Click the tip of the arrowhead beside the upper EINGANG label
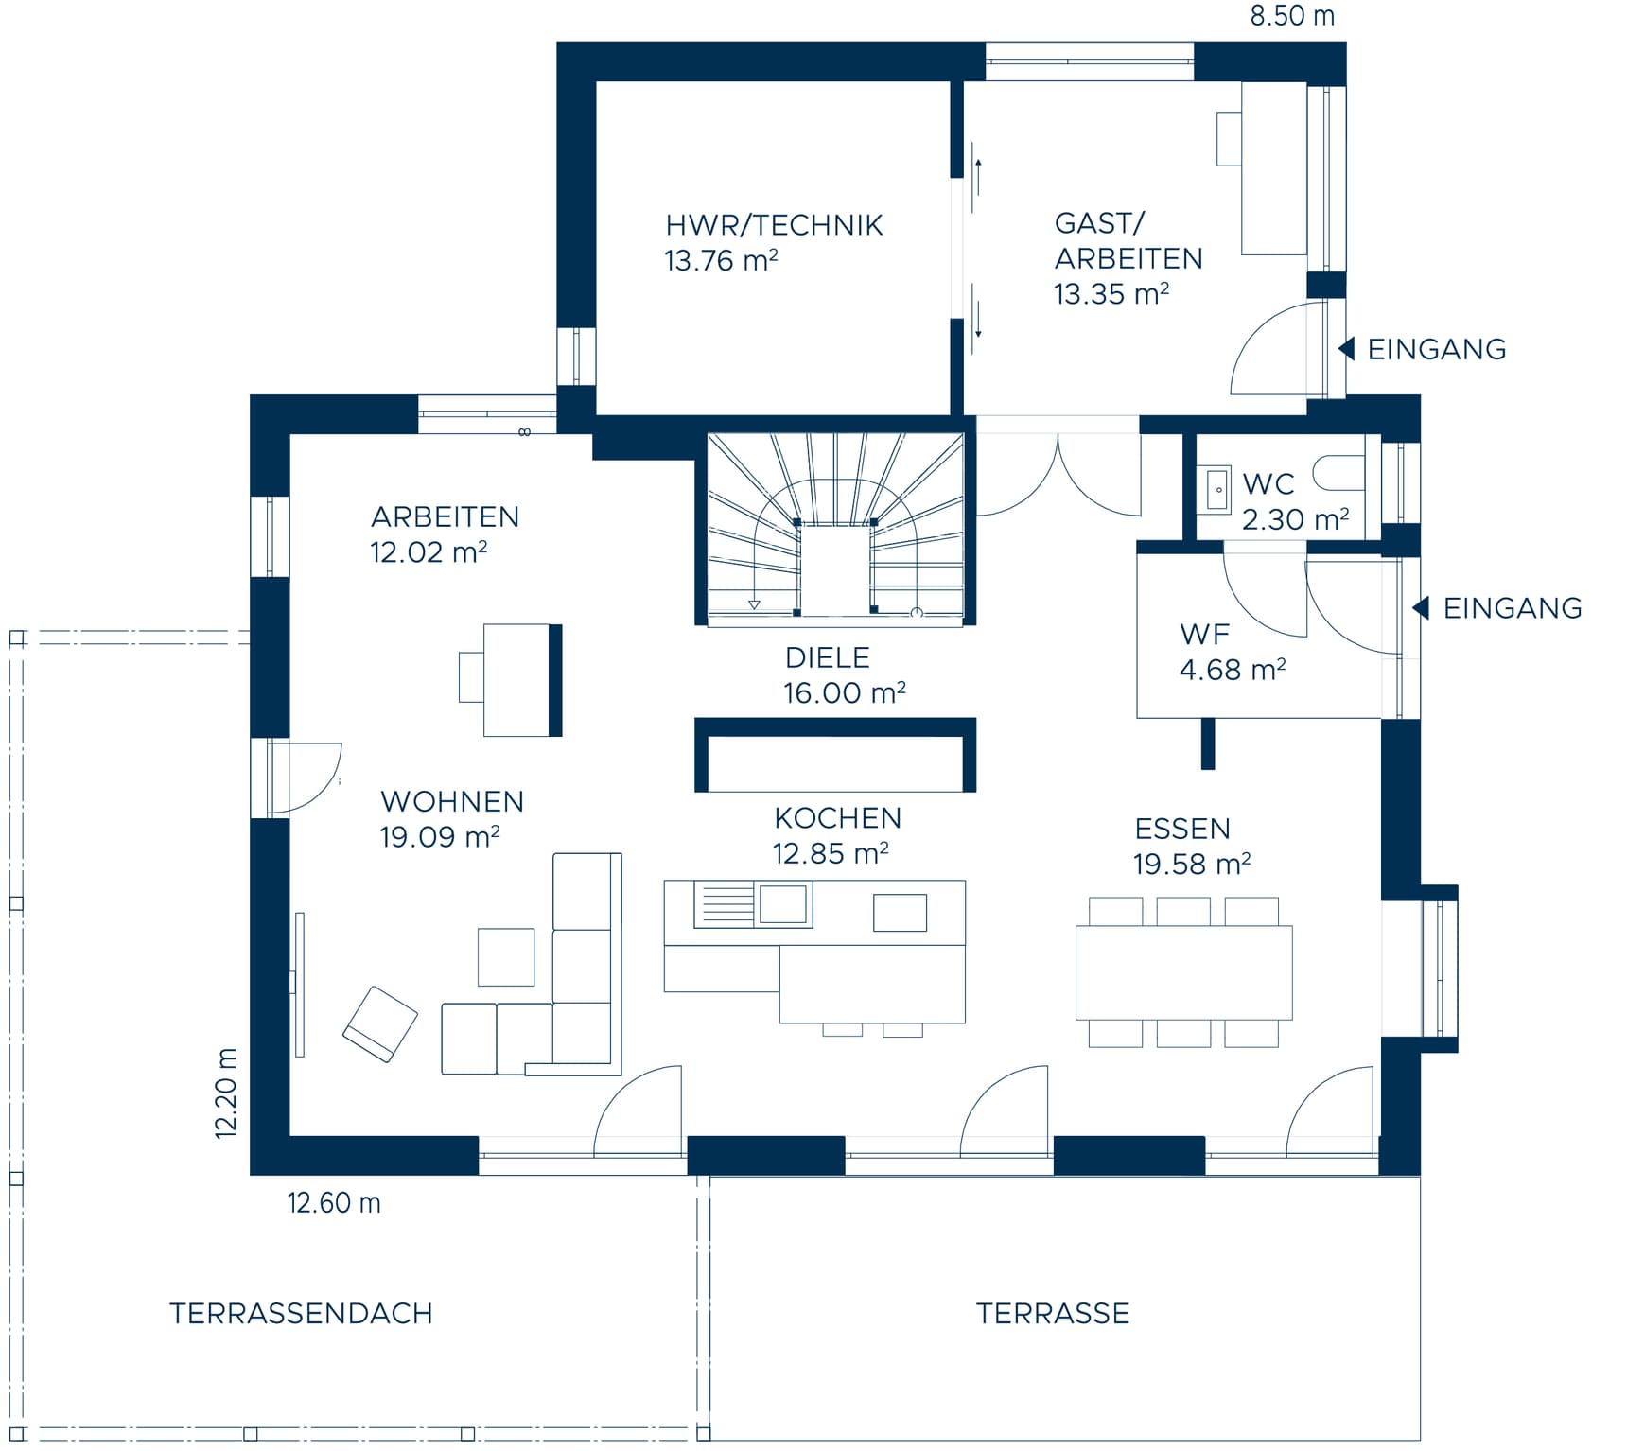[x=1338, y=348]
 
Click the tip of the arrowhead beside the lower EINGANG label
[x=1412, y=607]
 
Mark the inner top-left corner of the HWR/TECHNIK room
[x=597, y=82]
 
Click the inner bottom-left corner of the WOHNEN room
[x=290, y=1134]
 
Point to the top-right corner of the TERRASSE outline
[x=1420, y=1177]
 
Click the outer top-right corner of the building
[x=1346, y=43]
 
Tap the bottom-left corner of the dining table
[x=1076, y=1019]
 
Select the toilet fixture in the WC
[x=1339, y=473]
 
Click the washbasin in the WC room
[x=1218, y=489]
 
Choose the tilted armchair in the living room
[x=379, y=1024]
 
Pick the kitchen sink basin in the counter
[x=783, y=903]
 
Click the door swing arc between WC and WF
[x=1265, y=594]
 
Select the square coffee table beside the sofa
[x=506, y=957]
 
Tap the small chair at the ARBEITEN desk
[x=471, y=677]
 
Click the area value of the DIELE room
[x=844, y=692]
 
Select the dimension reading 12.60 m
[x=334, y=1202]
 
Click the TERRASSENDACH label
[x=301, y=1313]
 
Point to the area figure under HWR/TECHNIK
[x=721, y=260]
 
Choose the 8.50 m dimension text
[x=1292, y=16]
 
